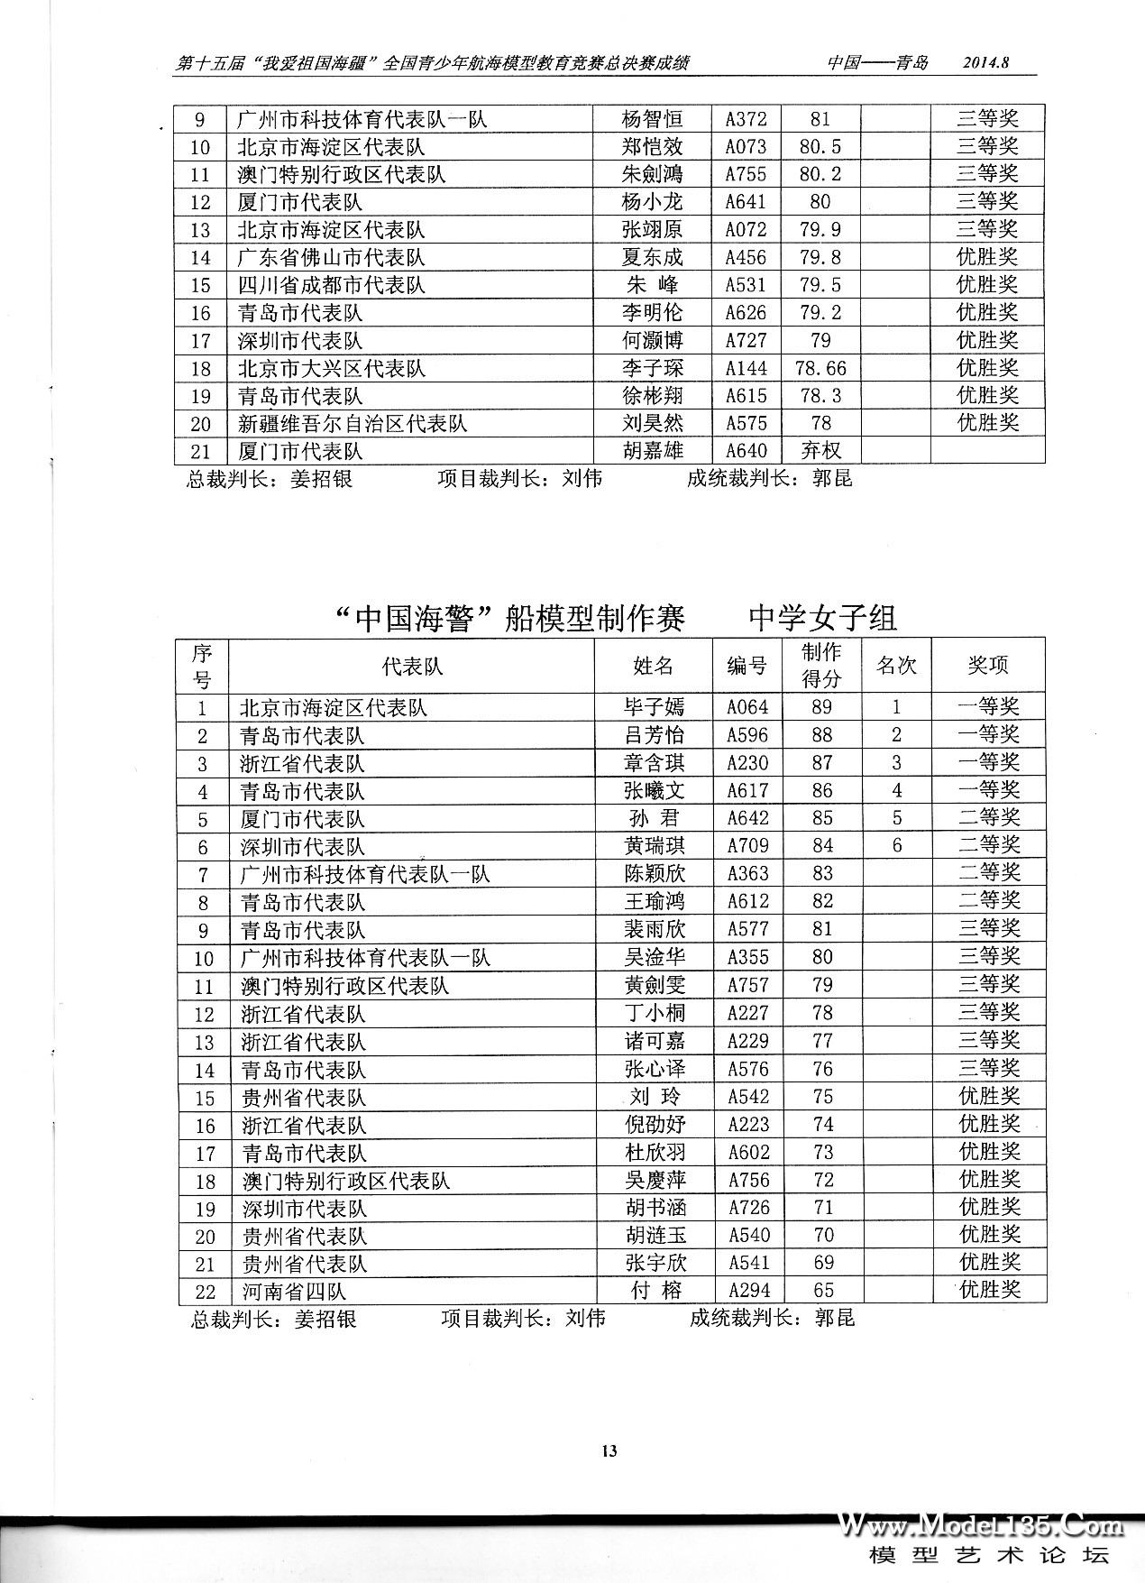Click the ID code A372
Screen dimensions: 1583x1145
pyautogui.click(x=746, y=119)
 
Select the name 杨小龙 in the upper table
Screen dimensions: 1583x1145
pyautogui.click(x=652, y=202)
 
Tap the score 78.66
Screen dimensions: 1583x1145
pyautogui.click(x=820, y=368)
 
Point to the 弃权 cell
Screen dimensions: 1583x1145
pyautogui.click(x=820, y=450)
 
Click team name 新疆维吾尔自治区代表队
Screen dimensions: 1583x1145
pyautogui.click(x=353, y=423)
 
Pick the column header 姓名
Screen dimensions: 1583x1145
pyautogui.click(x=654, y=666)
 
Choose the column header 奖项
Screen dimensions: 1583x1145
pyautogui.click(x=988, y=666)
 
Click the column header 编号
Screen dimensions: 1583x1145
pyautogui.click(x=747, y=666)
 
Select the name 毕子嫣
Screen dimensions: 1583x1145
pyautogui.click(x=655, y=707)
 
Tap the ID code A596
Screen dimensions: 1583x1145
pyautogui.click(x=748, y=735)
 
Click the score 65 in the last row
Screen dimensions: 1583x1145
pyautogui.click(x=823, y=1291)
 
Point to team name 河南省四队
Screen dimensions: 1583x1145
pyautogui.click(x=294, y=1292)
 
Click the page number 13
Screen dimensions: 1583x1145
pyautogui.click(x=609, y=1450)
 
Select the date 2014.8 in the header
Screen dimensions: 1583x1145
pyautogui.click(x=985, y=63)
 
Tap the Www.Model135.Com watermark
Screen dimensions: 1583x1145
pyautogui.click(x=983, y=1526)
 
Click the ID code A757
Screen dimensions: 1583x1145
pyautogui.click(x=748, y=985)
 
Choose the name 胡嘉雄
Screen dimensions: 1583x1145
pyautogui.click(x=652, y=450)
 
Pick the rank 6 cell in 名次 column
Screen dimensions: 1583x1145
pyautogui.click(x=896, y=846)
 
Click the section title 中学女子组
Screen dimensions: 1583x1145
pyautogui.click(x=822, y=619)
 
